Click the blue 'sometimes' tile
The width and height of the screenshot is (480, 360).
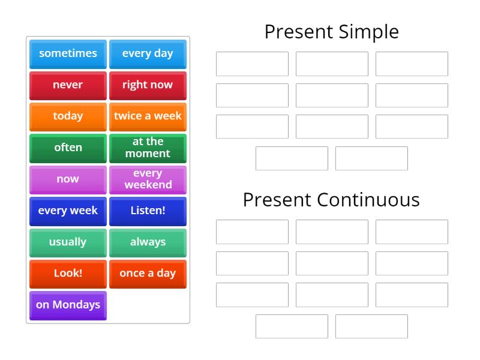pyautogui.click(x=68, y=53)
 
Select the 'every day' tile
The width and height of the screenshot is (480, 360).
pyautogui.click(x=148, y=53)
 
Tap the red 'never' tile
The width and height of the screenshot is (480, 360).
pyautogui.click(x=68, y=85)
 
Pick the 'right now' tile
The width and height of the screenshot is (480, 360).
pyautogui.click(x=148, y=85)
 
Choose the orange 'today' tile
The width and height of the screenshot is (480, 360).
pyautogui.click(x=68, y=116)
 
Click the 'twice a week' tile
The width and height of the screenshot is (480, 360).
pyautogui.click(x=148, y=116)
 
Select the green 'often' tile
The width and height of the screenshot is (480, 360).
pyautogui.click(x=68, y=148)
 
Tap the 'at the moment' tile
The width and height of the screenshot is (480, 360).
pyautogui.click(x=148, y=148)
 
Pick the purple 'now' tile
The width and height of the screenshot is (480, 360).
pyautogui.click(x=68, y=179)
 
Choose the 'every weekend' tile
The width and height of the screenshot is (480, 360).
pyautogui.click(x=148, y=179)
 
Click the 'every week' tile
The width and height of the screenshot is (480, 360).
pyautogui.click(x=68, y=211)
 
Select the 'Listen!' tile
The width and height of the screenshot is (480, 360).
pyautogui.click(x=148, y=211)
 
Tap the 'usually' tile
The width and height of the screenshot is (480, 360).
pyautogui.click(x=68, y=242)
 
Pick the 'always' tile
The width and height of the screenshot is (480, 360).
pyautogui.click(x=148, y=242)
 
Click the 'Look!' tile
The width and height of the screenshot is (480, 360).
pyautogui.click(x=68, y=274)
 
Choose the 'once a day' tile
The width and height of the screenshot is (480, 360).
pyautogui.click(x=148, y=274)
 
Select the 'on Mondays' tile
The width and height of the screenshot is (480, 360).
pyautogui.click(x=68, y=305)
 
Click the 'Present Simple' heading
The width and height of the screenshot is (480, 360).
pyautogui.click(x=331, y=32)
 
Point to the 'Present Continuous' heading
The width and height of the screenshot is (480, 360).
pyautogui.click(x=331, y=200)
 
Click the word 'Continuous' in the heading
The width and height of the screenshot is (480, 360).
pyautogui.click(x=369, y=200)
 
